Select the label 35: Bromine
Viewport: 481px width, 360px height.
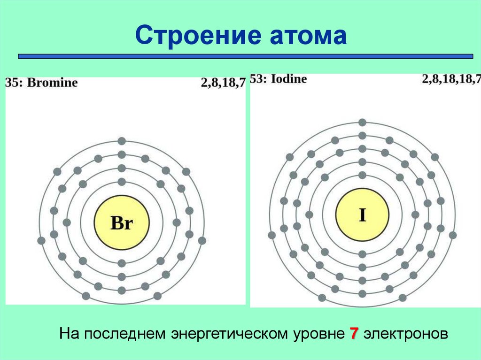tap(41, 83)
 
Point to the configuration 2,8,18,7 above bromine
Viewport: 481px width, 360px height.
tap(223, 83)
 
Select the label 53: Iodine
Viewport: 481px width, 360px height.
tap(278, 79)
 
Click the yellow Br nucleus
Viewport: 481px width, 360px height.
tap(122, 222)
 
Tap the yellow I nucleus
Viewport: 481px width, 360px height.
tap(362, 215)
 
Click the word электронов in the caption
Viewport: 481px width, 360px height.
tap(404, 334)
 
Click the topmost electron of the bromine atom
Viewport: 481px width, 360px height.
tap(122, 140)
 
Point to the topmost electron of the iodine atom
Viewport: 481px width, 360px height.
tap(362, 123)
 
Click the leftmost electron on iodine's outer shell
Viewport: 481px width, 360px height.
tap(272, 235)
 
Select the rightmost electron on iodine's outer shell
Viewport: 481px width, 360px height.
tap(453, 235)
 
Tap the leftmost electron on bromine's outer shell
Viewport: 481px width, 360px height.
tap(41, 241)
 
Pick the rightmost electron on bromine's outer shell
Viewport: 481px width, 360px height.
tap(202, 241)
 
